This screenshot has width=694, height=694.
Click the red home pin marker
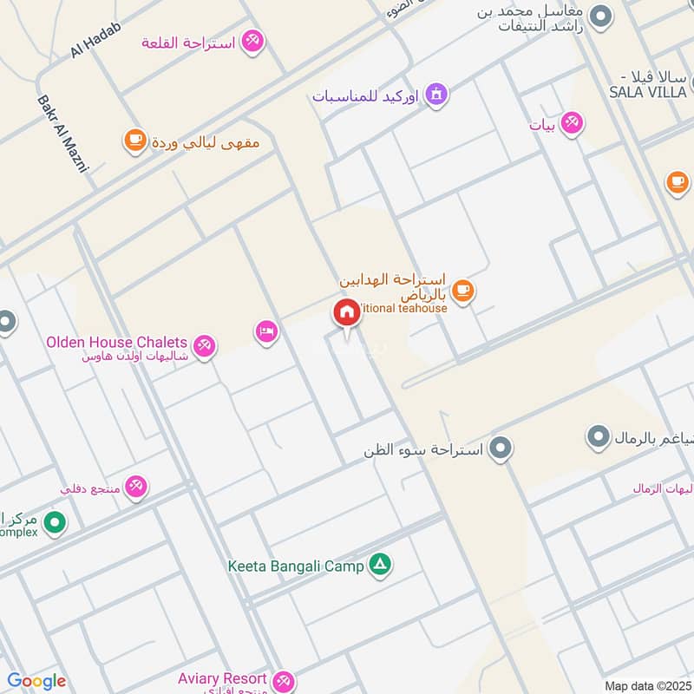[x=347, y=313]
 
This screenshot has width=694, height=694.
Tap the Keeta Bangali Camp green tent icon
[x=379, y=566]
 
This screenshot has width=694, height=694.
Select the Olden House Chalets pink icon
[x=204, y=346]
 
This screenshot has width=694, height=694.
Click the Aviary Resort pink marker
[x=283, y=681]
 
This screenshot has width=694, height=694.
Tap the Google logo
[x=36, y=681]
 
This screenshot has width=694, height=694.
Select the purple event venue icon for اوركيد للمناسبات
[x=435, y=94]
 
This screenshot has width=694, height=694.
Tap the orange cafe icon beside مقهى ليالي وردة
[x=134, y=140]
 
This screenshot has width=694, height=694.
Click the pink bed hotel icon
[x=266, y=331]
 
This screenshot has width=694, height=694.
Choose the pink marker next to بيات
[x=571, y=124]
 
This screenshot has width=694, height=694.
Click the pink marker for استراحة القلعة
[x=252, y=41]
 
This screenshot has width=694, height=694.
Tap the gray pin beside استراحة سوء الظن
[x=500, y=448]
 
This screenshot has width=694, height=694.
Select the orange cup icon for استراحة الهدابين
[x=462, y=290]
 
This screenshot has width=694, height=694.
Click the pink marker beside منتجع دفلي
[x=136, y=488]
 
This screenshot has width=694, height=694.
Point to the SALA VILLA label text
[x=648, y=91]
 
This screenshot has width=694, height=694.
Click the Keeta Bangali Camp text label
[x=296, y=566]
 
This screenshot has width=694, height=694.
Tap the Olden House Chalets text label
[x=116, y=343]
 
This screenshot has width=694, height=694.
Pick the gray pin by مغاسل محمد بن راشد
[x=599, y=16]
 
